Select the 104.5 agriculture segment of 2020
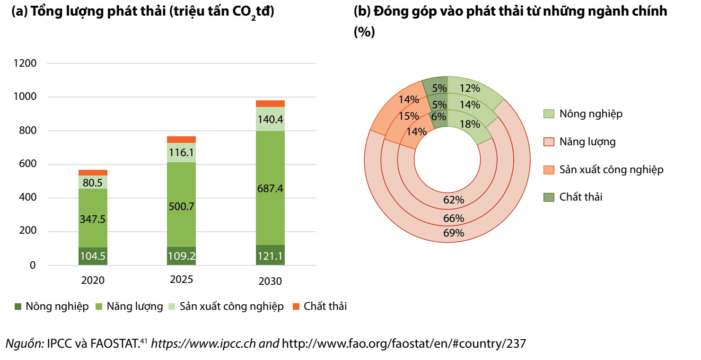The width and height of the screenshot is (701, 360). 93,256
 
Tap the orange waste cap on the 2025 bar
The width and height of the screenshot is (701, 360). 182,139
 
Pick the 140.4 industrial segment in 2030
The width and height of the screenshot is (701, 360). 270,119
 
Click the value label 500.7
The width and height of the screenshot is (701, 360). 182,206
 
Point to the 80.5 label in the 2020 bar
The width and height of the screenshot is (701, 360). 93,183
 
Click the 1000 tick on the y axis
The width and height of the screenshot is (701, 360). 26,97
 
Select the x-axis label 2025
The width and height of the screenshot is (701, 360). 182,280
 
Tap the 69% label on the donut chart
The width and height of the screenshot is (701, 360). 454,233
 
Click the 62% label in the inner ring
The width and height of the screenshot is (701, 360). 454,200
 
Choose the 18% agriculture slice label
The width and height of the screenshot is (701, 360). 470,124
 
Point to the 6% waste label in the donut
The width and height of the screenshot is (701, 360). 438,116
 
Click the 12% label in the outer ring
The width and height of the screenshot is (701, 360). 470,88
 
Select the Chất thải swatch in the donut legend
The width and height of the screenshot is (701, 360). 549,197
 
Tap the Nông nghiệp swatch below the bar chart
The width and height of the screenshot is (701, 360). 18,307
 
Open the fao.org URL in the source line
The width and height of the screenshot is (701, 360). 403,343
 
